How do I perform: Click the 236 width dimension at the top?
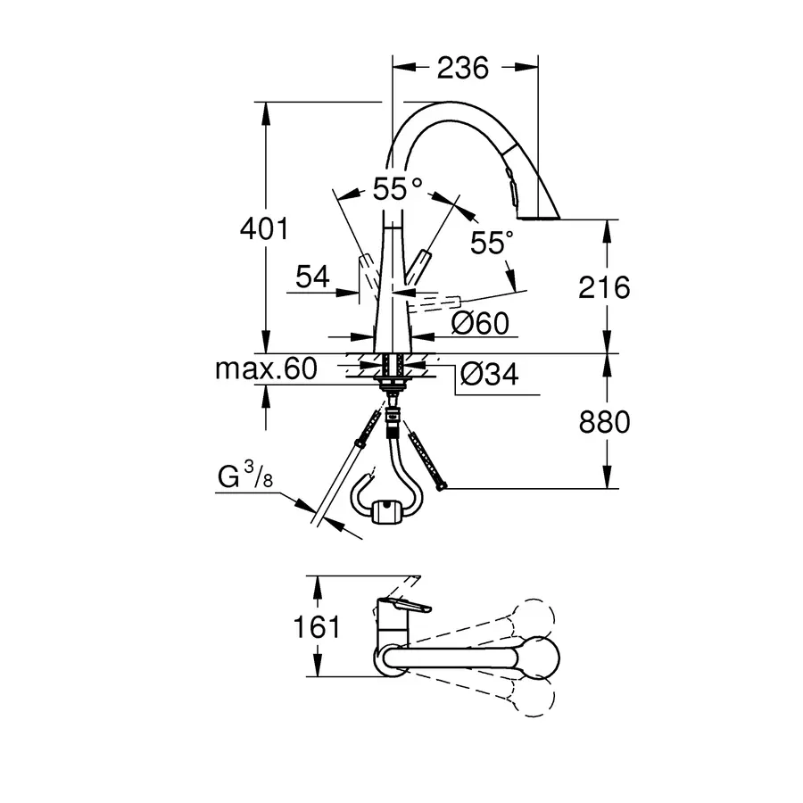click(463, 68)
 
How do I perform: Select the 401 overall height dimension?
click(264, 229)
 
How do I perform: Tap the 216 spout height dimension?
click(604, 287)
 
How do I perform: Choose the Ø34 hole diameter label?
click(488, 375)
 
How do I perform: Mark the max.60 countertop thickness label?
click(266, 369)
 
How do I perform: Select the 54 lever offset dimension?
click(312, 278)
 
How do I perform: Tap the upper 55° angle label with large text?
click(397, 189)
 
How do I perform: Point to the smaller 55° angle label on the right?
click(491, 243)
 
